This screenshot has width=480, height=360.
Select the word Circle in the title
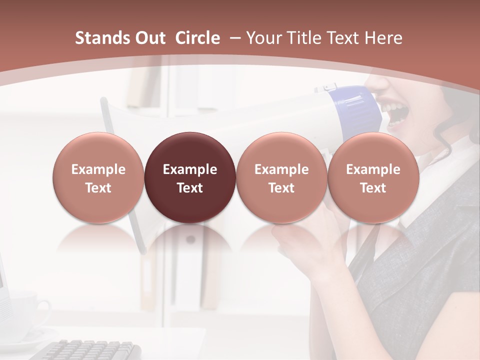[x=197, y=38]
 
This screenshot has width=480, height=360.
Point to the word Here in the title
[x=383, y=38]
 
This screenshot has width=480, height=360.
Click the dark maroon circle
[x=190, y=177]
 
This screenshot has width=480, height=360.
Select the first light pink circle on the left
[x=98, y=177]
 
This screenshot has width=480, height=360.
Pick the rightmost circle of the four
[x=373, y=177]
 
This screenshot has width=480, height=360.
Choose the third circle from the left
[x=281, y=177]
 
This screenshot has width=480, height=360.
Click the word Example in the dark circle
[x=190, y=169]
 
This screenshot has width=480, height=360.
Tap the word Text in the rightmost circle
[x=373, y=188]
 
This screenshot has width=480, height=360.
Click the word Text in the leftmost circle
[x=98, y=188]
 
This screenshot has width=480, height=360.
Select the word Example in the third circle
[x=281, y=169]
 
